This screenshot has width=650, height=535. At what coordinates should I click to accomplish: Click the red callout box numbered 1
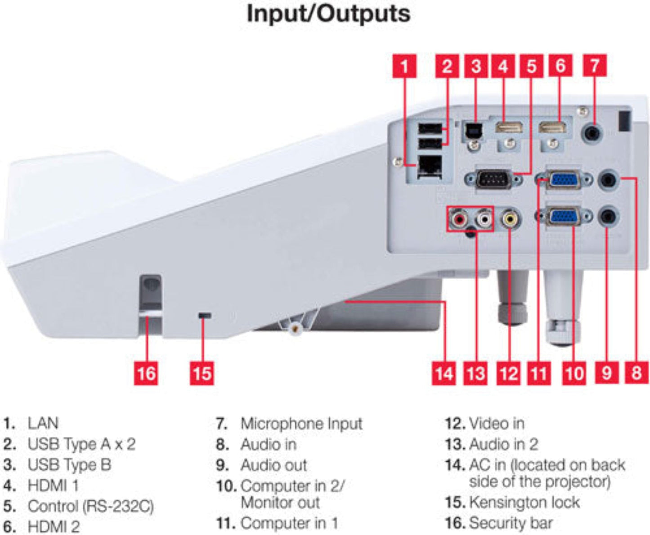(x=404, y=66)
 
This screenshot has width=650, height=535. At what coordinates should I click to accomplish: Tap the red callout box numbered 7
(x=595, y=66)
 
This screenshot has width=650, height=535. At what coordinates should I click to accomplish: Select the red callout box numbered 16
(x=146, y=373)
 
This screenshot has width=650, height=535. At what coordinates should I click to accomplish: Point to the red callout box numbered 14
(x=444, y=373)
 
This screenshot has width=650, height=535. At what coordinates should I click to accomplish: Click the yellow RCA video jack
(x=509, y=219)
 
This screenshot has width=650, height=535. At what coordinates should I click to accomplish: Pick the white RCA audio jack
(x=484, y=219)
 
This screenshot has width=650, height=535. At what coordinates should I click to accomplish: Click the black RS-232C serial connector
(x=493, y=180)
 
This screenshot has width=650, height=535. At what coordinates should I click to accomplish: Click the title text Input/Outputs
(x=328, y=14)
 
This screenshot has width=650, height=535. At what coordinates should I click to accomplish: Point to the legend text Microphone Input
(x=301, y=424)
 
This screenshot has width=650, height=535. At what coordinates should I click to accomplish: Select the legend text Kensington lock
(x=524, y=502)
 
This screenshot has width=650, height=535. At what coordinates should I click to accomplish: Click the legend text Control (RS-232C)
(x=90, y=506)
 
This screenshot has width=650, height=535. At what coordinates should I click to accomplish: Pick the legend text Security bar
(x=511, y=523)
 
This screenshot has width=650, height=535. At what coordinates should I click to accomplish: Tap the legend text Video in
(x=496, y=423)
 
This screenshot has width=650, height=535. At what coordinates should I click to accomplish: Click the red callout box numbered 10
(x=574, y=373)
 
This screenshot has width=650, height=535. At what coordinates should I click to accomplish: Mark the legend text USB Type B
(x=69, y=465)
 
